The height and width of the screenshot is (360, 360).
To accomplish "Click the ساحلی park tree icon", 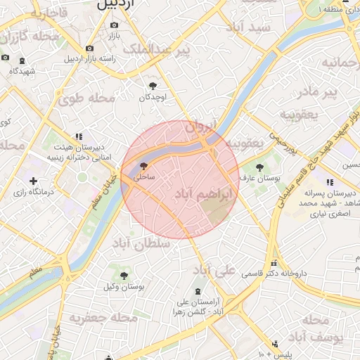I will pyautogui.click(x=143, y=167).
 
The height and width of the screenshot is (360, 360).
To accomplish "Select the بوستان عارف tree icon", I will pyautogui.click(x=260, y=167).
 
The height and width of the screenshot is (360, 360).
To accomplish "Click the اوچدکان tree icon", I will pyautogui.click(x=153, y=86).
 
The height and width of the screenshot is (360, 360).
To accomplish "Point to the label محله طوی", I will pyautogui.click(x=89, y=98).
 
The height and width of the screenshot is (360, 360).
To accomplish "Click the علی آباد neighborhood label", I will pyautogui.click(x=214, y=270).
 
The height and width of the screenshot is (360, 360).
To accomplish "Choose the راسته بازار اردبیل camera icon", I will pyautogui.click(x=89, y=48).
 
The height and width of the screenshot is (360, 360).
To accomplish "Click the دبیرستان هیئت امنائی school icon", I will pyautogui.click(x=78, y=136).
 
